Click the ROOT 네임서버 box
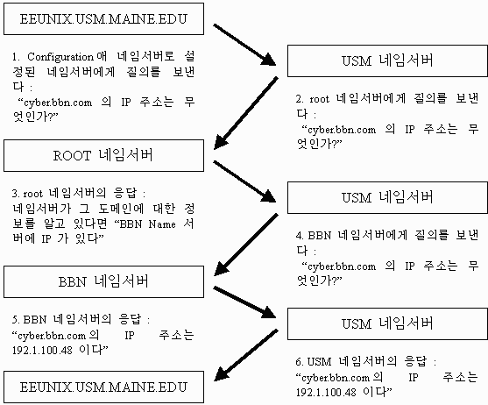click(103, 156)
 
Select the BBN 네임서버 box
click(103, 281)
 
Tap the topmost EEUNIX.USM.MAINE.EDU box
click(103, 18)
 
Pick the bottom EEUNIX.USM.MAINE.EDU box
click(103, 387)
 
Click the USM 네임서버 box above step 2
click(387, 60)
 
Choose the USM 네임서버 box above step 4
click(387, 197)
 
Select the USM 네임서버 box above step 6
click(387, 323)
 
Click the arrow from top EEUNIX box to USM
click(244, 45)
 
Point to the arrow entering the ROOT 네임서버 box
click(246, 113)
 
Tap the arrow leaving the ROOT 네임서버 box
click(244, 181)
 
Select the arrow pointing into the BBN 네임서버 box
click(246, 245)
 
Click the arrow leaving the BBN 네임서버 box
click(244, 302)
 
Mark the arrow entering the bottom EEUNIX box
click(246, 355)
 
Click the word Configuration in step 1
click(60, 57)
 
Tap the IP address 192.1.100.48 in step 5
click(42, 351)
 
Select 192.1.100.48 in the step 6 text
click(326, 392)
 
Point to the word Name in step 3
click(162, 224)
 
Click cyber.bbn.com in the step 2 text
click(342, 130)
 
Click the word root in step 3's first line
click(32, 194)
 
